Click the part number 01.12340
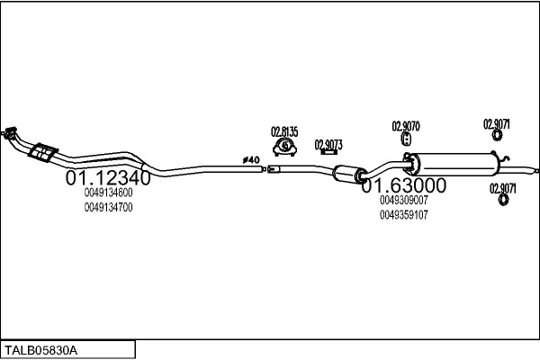click(103, 178)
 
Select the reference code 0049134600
click(109, 193)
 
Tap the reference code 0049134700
click(109, 207)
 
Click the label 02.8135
click(285, 130)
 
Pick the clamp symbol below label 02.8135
click(285, 145)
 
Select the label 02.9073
click(328, 143)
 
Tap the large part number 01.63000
click(404, 185)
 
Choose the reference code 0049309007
click(404, 200)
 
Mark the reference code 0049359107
click(404, 214)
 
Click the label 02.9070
click(405, 125)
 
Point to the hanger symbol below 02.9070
click(406, 140)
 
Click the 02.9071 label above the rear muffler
click(497, 123)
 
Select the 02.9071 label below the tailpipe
click(502, 187)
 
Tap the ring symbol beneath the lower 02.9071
click(502, 201)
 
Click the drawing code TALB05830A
click(42, 349)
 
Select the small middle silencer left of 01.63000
click(346, 174)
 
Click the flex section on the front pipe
click(41, 152)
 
